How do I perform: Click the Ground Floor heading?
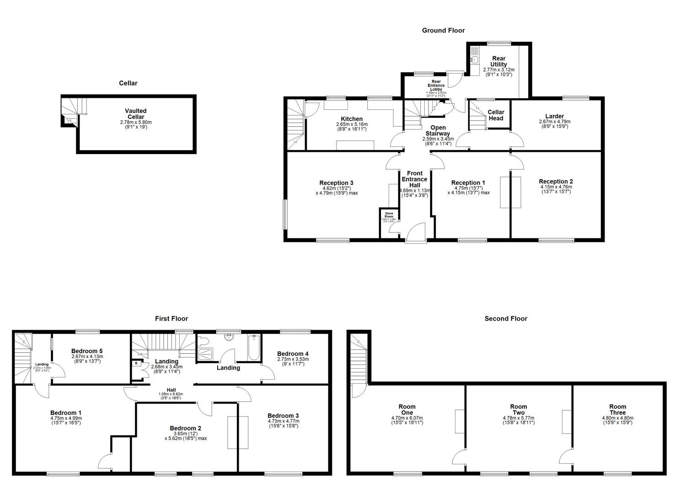coord(443,31)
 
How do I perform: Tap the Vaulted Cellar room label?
coord(136,114)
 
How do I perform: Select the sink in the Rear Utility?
coord(474,59)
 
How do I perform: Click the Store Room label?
coord(389,215)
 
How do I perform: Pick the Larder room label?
coord(554,116)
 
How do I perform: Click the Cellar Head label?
coord(496,115)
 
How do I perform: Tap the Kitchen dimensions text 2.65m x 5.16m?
coord(352,124)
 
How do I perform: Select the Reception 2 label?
coord(556,182)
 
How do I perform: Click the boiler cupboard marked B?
coord(136,364)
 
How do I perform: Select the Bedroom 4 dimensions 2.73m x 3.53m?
coord(293,360)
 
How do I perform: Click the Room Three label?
coord(617,409)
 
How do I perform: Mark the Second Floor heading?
coord(506,319)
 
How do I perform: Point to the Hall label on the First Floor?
coord(171,389)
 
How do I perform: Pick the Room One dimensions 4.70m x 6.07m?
coord(407,418)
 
